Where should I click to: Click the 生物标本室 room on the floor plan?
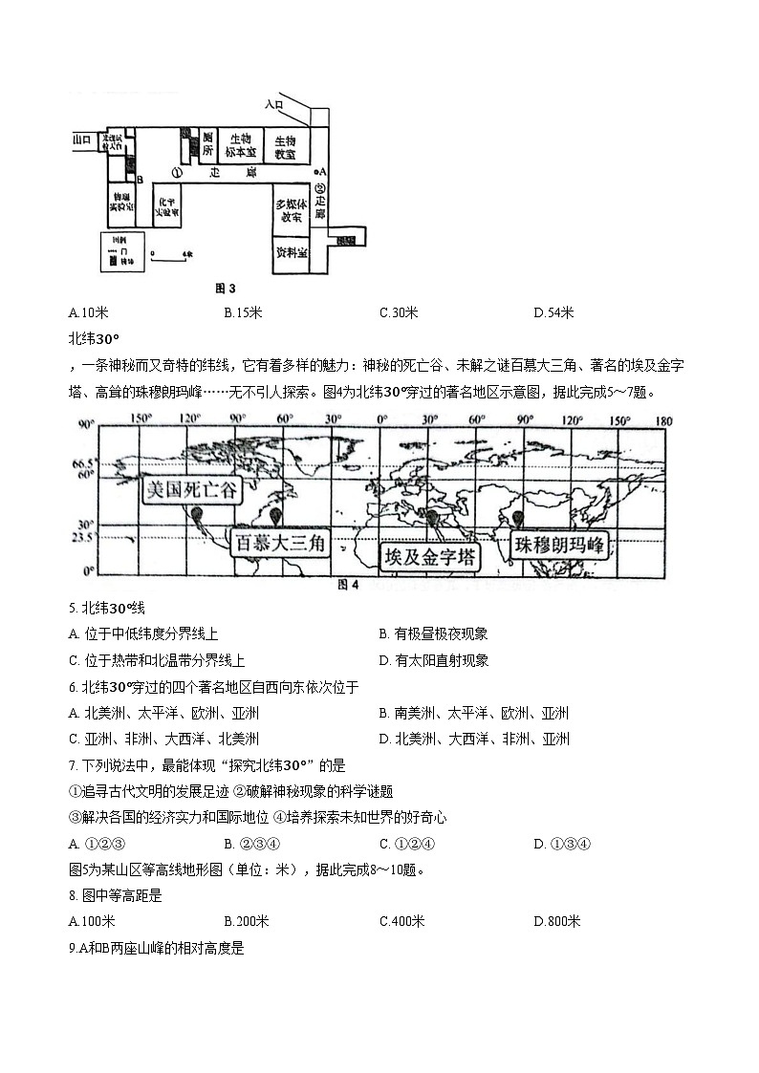[x=240, y=144]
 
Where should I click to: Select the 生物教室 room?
[x=286, y=144]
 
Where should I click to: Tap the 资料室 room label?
[x=291, y=253]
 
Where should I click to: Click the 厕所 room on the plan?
[x=207, y=144]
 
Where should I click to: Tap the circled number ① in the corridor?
[x=177, y=172]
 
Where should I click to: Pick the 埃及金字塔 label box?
[x=429, y=557]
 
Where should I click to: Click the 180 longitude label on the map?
[x=664, y=420]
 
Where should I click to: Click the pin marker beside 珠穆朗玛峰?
[x=518, y=519]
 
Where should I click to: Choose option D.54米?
[x=552, y=313]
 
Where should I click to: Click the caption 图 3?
[x=225, y=288]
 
